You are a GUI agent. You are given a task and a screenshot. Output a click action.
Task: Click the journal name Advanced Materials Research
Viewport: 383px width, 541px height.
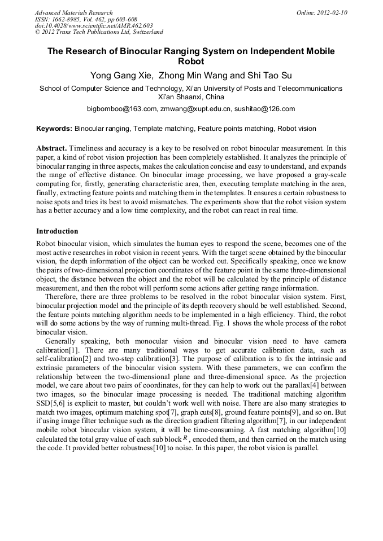(74, 12)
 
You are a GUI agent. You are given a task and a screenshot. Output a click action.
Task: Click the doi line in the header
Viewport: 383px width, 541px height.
(94, 26)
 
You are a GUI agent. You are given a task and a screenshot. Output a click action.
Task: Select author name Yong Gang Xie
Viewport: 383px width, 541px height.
(121, 76)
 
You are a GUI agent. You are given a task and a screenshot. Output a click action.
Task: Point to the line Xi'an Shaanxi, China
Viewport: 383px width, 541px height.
(191, 97)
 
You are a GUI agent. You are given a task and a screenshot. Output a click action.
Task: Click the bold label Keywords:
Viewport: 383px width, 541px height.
(54, 129)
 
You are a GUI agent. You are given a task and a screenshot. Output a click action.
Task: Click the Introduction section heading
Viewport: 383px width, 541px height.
(57, 231)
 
